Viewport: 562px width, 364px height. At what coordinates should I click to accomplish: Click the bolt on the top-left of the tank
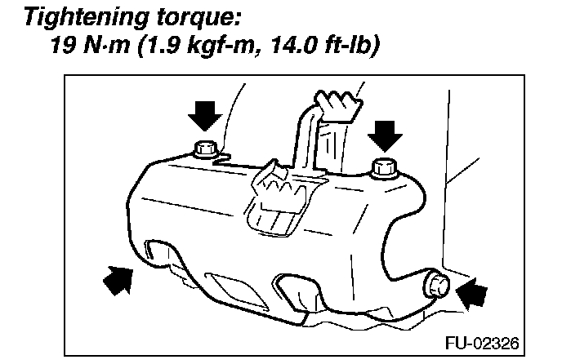tap(203, 149)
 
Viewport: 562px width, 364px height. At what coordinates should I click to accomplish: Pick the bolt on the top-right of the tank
tap(382, 169)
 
